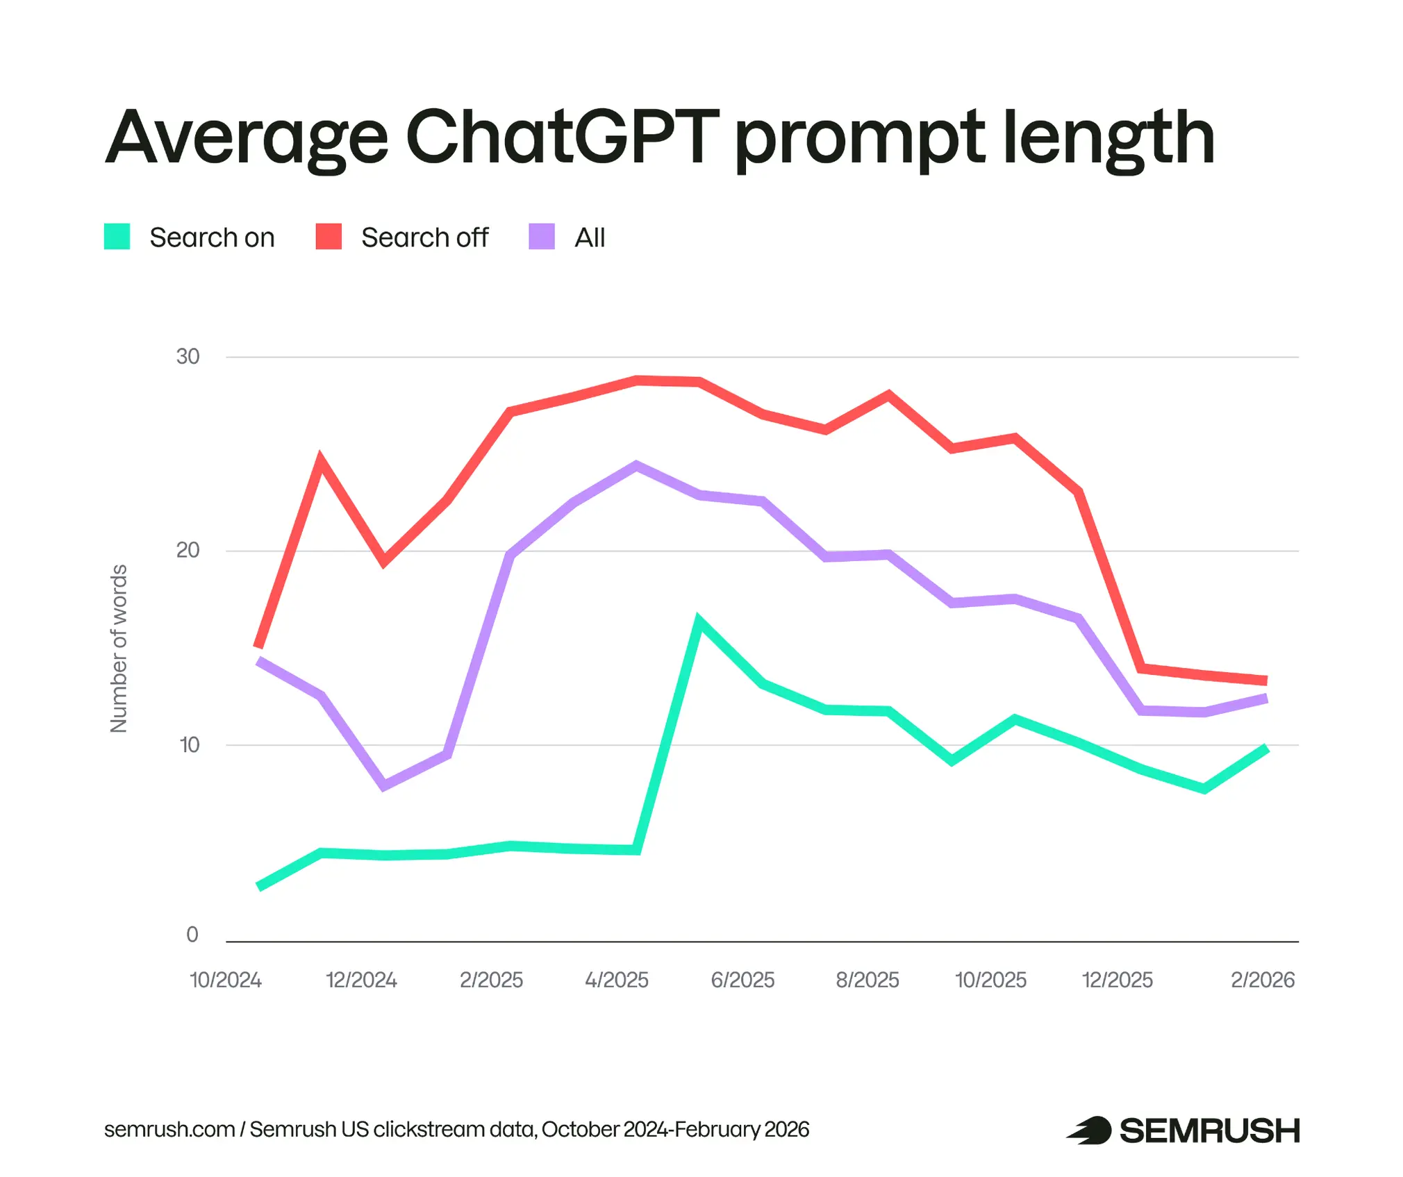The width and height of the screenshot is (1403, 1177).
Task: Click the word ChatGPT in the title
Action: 562,137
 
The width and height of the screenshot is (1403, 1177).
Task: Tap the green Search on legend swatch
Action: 117,236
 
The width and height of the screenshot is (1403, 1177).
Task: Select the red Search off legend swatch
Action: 329,236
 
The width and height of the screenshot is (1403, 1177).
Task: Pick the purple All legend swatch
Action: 542,236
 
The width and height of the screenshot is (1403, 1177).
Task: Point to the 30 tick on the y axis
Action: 188,356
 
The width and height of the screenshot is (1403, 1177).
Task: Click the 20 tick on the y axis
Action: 188,550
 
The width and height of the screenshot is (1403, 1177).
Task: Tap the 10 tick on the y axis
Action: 189,744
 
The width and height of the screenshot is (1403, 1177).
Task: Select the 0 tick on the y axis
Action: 192,935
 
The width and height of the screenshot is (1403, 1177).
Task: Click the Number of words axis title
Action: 119,649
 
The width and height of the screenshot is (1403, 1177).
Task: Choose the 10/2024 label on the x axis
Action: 226,980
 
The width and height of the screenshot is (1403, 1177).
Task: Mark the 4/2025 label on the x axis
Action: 617,980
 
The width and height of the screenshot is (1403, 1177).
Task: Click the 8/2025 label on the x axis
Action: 867,980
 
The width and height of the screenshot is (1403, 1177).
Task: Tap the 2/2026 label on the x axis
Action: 1263,980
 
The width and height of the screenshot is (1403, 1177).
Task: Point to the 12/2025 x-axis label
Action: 1117,980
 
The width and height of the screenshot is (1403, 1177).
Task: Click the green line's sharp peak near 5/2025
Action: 699,620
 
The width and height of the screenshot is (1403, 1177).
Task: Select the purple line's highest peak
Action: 636,465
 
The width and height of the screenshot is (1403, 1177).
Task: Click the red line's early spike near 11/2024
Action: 320,458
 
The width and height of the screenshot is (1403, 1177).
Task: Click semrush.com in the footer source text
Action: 169,1130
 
